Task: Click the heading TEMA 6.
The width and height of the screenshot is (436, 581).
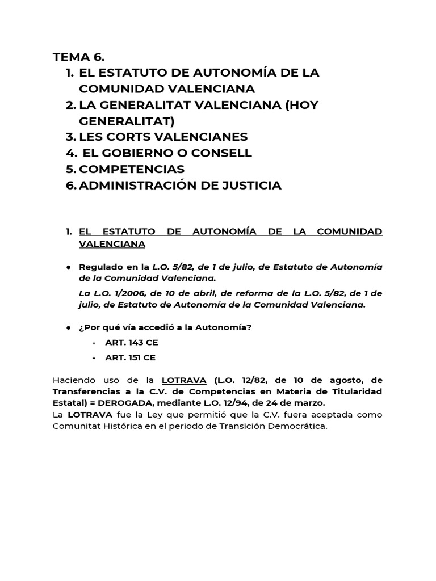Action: pyautogui.click(x=79, y=57)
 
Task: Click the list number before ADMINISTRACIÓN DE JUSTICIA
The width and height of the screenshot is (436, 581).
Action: pyautogui.click(x=70, y=186)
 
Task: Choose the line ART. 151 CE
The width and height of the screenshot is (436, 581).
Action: pyautogui.click(x=130, y=357)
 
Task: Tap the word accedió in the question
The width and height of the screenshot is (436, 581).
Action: pyautogui.click(x=158, y=327)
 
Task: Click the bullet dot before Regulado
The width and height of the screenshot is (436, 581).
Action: pyautogui.click(x=68, y=267)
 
